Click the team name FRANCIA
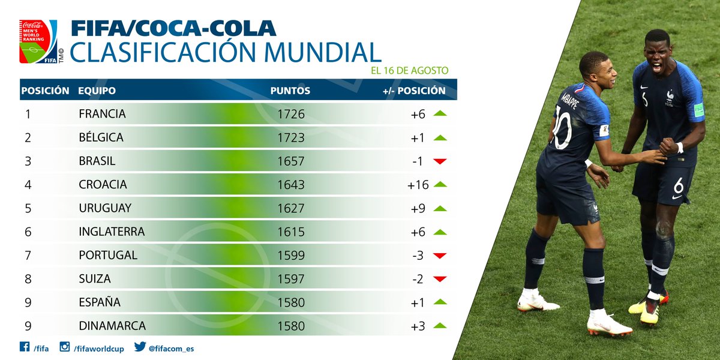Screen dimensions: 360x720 point(102,114)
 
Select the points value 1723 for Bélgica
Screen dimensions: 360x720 point(291,137)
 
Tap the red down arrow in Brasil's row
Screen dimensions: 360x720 point(440,161)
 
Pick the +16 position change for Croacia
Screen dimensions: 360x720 point(418,185)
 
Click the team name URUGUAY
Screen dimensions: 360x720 point(104,208)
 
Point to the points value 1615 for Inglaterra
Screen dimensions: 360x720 point(291,232)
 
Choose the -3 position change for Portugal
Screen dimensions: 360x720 point(418,255)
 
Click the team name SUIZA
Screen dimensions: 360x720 point(95,279)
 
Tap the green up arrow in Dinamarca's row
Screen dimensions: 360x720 point(440,326)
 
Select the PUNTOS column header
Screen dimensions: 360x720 point(290,91)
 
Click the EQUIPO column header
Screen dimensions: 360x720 point(97,91)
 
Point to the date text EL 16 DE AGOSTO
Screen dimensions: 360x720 point(410,70)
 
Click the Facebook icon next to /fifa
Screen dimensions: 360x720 point(25,347)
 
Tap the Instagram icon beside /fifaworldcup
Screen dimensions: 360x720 point(65,347)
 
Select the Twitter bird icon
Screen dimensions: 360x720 point(140,347)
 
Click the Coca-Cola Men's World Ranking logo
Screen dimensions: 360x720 point(38,42)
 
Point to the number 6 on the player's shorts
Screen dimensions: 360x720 point(678,185)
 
